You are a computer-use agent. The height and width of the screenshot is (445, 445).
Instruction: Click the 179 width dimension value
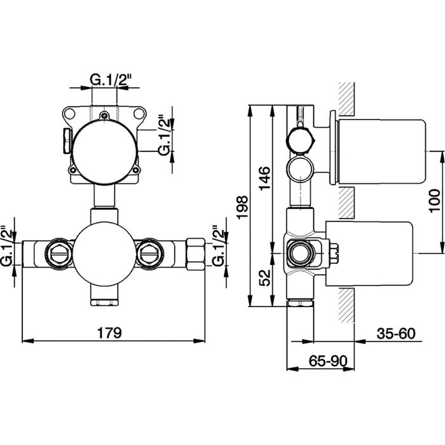pos(109,332)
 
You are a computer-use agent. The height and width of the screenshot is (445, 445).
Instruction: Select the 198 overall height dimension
pos(243,207)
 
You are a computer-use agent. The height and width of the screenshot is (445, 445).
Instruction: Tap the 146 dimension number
pos(265,179)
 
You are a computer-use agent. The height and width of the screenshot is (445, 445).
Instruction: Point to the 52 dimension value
pos(265,278)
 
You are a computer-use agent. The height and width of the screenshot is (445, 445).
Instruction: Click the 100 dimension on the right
pos(434,201)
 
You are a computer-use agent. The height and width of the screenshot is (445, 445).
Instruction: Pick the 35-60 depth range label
pos(396,334)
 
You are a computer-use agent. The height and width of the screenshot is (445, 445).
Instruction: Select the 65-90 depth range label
pos(328,360)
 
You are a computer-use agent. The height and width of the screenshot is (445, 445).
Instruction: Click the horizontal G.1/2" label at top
pos(110,79)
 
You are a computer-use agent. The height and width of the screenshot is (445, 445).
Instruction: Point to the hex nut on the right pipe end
pos(196,254)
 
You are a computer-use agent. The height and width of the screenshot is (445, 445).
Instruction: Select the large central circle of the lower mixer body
pos(104,254)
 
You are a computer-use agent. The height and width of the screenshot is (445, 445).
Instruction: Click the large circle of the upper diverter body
pos(105,151)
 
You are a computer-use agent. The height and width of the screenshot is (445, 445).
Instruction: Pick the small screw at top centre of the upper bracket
pos(105,115)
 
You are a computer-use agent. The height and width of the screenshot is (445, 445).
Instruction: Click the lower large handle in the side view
pos(369,254)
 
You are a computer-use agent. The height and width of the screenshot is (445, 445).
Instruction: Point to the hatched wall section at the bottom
pos(346,305)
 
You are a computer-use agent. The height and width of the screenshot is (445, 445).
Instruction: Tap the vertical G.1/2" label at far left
pos(8,246)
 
